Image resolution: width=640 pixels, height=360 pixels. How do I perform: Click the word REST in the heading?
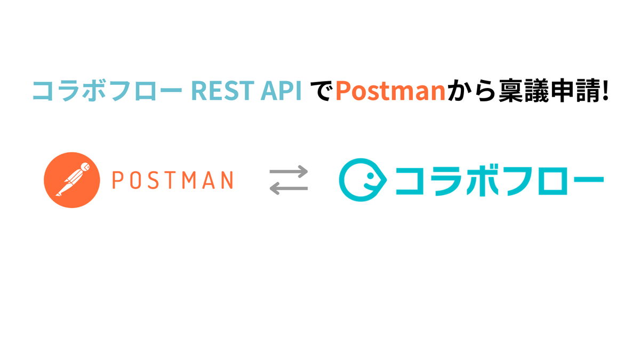[x=223, y=91]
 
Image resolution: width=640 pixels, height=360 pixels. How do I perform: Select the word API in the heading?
[x=282, y=91]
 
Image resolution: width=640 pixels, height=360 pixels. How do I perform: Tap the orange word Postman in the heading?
[x=390, y=91]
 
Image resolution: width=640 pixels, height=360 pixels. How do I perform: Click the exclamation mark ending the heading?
[x=605, y=90]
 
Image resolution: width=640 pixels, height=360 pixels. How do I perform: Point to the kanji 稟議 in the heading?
[x=523, y=91]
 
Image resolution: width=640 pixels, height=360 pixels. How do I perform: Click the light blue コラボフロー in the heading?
[x=107, y=91]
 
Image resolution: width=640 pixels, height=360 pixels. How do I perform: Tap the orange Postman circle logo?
[x=72, y=180]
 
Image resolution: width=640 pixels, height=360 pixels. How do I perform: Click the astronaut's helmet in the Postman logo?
[x=85, y=166]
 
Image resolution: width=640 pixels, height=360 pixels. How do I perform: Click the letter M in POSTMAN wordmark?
[x=189, y=180]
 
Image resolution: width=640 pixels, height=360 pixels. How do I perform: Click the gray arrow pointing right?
[x=289, y=172]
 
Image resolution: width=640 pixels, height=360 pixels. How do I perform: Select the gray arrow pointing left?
[x=289, y=188]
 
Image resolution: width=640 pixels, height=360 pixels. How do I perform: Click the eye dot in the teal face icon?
[x=370, y=175]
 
